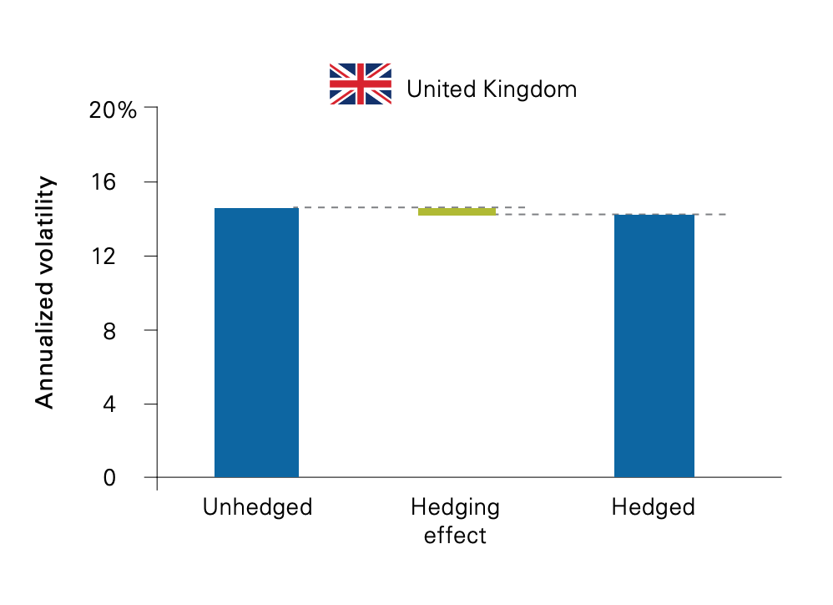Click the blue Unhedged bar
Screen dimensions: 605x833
click(256, 343)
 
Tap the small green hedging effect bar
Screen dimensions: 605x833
click(457, 212)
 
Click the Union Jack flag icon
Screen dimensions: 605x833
click(361, 84)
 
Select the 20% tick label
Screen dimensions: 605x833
click(113, 109)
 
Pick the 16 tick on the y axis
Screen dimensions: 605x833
click(124, 182)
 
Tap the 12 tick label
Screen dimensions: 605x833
click(124, 256)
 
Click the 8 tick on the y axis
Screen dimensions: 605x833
click(129, 330)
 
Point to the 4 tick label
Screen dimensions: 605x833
click(129, 404)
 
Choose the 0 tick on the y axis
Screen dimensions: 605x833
click(129, 477)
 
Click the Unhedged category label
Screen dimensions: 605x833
click(257, 507)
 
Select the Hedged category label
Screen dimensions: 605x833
click(653, 507)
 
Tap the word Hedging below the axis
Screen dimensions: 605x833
click(455, 507)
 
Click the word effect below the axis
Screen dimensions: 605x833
click(455, 535)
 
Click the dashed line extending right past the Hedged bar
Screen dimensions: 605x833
click(711, 215)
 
